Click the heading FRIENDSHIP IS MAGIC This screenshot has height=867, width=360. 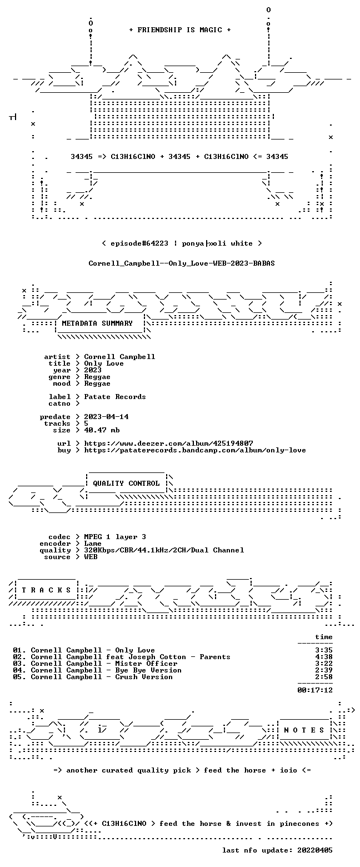tap(179, 30)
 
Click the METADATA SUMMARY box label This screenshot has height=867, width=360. tap(97, 323)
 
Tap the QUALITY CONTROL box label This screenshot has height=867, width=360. tap(126, 484)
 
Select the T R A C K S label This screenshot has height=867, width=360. tap(46, 590)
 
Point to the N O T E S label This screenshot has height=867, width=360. tap(304, 730)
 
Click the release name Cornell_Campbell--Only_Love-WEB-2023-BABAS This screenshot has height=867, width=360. tap(182, 263)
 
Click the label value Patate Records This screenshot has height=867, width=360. tap(115, 397)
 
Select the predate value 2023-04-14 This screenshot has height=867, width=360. tap(107, 417)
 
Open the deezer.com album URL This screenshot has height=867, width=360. tap(169, 443)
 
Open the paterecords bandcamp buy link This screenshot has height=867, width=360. tap(195, 450)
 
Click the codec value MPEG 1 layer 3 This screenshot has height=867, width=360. tap(115, 537)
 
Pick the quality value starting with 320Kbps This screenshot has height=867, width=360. tap(164, 550)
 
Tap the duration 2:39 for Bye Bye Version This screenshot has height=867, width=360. tap(324, 670)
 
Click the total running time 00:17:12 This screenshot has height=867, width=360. tap(314, 690)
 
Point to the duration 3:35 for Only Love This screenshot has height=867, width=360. tap(324, 650)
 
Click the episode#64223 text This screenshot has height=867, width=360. tap(139, 243)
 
